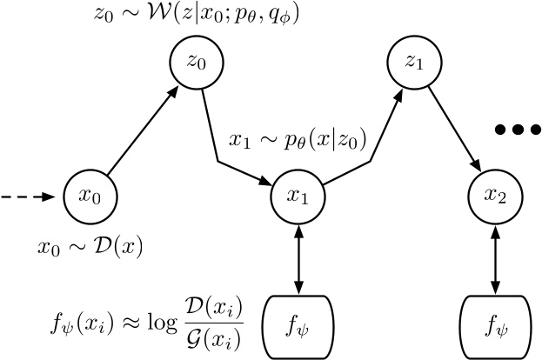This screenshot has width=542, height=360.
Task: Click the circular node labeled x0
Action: click(x=91, y=197)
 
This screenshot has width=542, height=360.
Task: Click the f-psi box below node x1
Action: click(x=298, y=329)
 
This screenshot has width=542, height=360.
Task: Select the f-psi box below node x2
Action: click(x=497, y=329)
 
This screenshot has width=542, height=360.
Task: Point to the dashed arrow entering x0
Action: click(x=33, y=197)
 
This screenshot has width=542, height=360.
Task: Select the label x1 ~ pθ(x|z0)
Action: click(x=297, y=138)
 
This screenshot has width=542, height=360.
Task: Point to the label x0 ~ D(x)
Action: click(x=92, y=246)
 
